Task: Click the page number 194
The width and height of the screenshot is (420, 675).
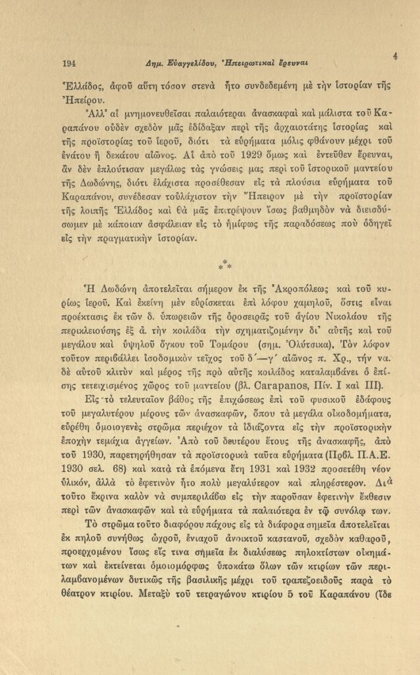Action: point(70,63)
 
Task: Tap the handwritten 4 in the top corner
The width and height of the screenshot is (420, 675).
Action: point(395,56)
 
